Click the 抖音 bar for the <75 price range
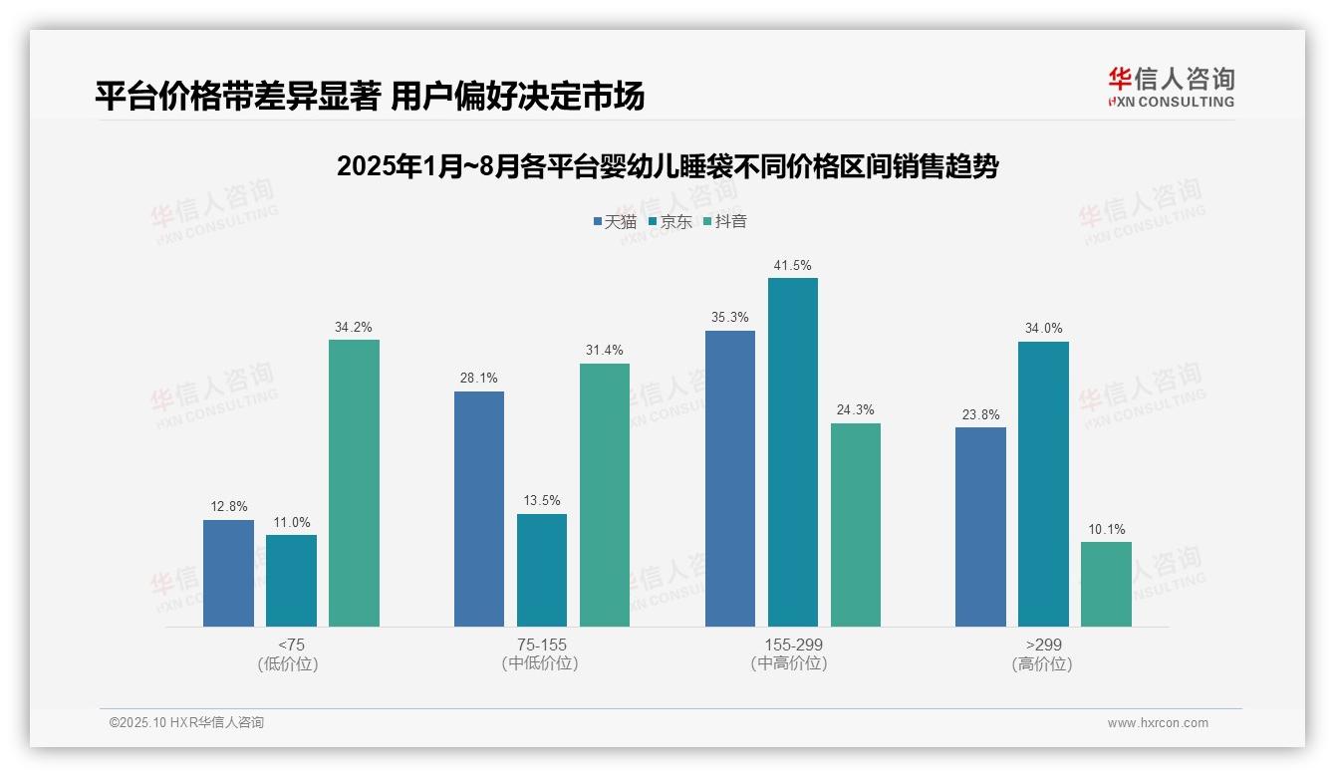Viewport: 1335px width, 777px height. tap(354, 483)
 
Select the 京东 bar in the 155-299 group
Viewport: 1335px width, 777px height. tap(793, 452)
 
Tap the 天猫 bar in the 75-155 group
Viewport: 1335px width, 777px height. tap(479, 509)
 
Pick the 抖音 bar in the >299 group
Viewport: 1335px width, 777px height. tap(1106, 584)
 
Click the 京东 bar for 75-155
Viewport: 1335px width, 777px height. tap(542, 570)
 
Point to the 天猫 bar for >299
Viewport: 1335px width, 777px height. tap(980, 527)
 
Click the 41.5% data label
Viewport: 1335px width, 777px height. tap(793, 266)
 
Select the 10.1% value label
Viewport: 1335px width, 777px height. tap(1106, 530)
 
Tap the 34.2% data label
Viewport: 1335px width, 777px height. tap(354, 328)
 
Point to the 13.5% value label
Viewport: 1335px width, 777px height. tap(542, 501)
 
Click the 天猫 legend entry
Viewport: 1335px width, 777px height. tap(615, 222)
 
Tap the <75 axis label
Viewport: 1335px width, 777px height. tap(291, 645)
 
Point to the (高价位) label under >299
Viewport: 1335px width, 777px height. tap(1042, 664)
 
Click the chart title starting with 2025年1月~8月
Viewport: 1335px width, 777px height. tap(667, 166)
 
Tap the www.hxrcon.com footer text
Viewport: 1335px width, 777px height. tap(1158, 723)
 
